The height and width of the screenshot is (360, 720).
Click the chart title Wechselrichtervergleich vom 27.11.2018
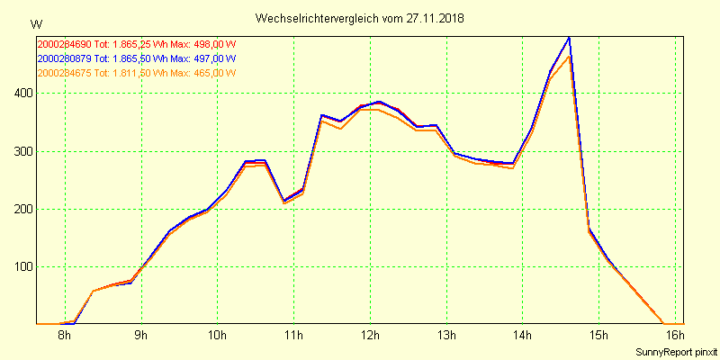(360, 18)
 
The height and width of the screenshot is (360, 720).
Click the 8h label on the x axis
(65, 336)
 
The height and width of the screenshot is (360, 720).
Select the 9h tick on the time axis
(141, 336)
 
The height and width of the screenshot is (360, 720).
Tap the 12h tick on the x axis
(370, 336)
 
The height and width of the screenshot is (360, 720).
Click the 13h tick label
(446, 336)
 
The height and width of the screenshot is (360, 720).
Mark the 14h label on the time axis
(523, 336)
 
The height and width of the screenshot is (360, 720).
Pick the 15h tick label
(598, 336)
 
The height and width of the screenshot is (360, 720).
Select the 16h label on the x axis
(675, 336)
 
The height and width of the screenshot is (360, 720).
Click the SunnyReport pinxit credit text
(676, 351)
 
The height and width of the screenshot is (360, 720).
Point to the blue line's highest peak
(569, 38)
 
